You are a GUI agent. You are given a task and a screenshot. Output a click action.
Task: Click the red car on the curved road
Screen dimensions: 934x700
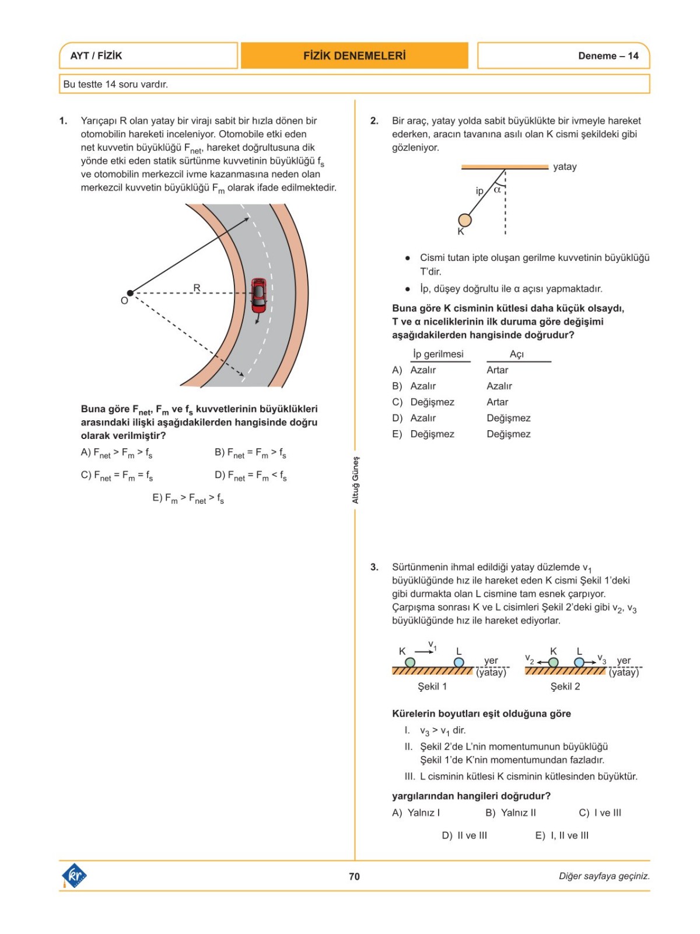(259, 296)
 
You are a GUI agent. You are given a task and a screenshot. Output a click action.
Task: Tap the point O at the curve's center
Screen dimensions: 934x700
(129, 293)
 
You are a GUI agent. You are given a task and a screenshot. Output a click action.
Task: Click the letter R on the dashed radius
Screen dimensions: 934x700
(197, 288)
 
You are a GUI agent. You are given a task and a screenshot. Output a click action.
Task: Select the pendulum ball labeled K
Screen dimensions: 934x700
(465, 220)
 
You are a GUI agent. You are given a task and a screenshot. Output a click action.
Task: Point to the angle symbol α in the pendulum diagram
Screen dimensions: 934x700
(497, 190)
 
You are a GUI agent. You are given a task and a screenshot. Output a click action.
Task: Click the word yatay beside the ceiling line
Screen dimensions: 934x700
(565, 167)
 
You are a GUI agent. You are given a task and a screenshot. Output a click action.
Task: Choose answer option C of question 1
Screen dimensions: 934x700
(117, 476)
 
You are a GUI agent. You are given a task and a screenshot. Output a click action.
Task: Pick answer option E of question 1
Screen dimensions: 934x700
(188, 499)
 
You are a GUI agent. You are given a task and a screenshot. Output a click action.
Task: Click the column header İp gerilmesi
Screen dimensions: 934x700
(438, 354)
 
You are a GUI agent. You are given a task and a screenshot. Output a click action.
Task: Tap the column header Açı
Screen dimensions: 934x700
(517, 354)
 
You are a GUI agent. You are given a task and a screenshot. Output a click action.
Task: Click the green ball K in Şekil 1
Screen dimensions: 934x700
(410, 663)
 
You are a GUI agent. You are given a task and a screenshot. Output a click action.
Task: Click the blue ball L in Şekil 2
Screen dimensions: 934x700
(579, 663)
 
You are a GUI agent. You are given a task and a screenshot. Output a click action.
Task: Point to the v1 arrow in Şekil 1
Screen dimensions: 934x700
(424, 651)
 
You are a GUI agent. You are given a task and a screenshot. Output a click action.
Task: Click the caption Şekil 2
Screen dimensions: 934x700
(565, 686)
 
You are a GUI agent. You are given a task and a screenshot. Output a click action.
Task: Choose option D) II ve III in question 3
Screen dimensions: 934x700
(464, 836)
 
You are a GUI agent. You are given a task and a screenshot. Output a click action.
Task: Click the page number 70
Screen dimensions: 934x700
(354, 876)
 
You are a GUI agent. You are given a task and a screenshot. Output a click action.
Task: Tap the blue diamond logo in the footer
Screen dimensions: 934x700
(74, 876)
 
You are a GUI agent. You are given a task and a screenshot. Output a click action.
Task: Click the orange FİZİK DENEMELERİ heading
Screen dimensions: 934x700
(354, 56)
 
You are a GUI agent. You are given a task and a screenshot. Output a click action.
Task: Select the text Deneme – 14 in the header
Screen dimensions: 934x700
(608, 56)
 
